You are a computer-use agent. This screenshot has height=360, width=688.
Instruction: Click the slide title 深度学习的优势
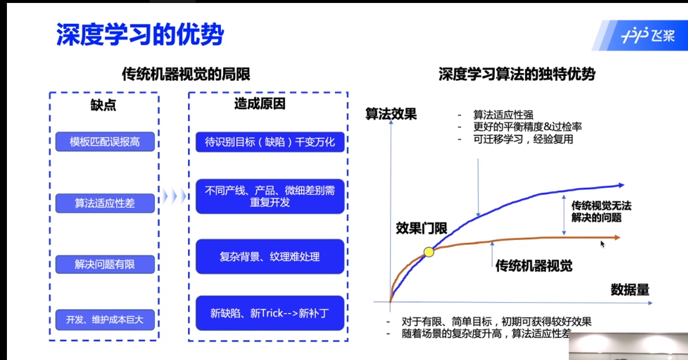point(140,35)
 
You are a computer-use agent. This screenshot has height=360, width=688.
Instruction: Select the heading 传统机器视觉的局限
point(186,75)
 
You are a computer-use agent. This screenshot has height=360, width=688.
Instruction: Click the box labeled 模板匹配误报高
point(105,142)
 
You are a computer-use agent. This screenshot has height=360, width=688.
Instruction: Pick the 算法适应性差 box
point(105,203)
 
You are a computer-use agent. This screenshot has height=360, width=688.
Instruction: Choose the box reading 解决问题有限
point(105,264)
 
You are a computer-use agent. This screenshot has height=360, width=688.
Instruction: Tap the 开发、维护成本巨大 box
point(105,320)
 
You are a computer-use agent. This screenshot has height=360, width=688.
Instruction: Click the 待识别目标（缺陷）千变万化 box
point(270,142)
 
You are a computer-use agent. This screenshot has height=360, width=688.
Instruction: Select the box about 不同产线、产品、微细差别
point(270,196)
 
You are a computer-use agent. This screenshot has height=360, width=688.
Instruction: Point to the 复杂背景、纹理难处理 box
point(270,256)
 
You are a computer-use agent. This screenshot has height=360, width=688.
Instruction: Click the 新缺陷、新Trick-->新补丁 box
point(270,313)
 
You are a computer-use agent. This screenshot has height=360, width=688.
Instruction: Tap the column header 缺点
point(103,105)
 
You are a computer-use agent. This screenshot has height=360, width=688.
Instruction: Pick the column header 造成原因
point(260,104)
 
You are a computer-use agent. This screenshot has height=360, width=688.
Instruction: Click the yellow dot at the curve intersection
point(429,252)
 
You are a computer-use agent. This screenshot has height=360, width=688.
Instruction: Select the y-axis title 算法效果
point(391,114)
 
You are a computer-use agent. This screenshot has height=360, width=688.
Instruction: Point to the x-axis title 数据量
point(630,289)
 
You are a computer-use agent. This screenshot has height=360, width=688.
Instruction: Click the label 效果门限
point(421,228)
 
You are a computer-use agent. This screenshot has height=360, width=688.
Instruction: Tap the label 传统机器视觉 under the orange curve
point(534,266)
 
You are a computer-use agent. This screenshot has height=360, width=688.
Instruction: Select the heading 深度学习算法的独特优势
point(517,75)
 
